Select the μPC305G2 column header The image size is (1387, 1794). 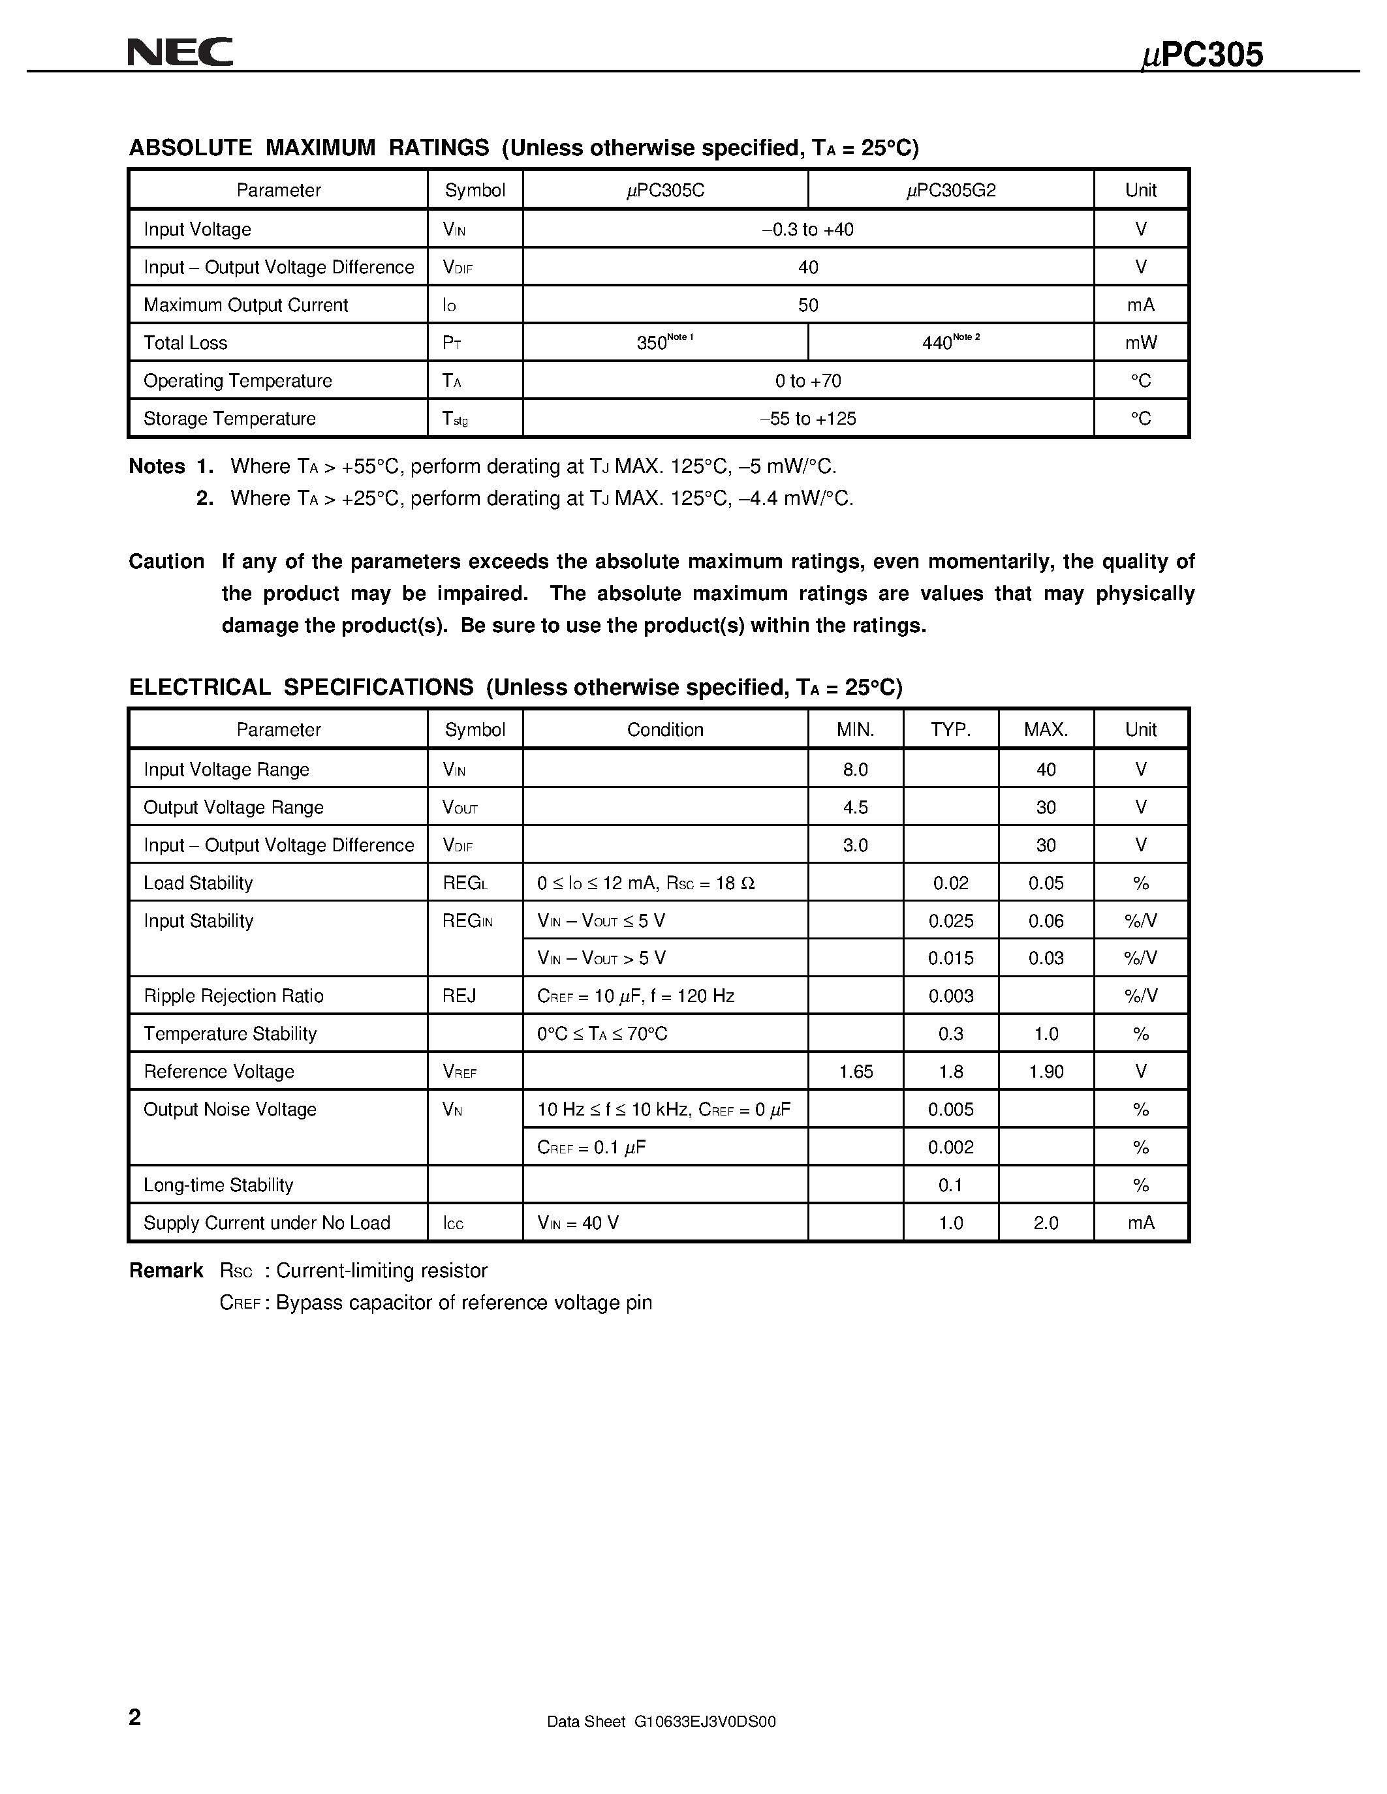[951, 190]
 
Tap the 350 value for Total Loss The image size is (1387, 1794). [653, 343]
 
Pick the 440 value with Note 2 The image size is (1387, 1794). [937, 343]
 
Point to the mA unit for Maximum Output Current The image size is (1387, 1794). [1140, 305]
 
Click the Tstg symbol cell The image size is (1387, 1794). [454, 419]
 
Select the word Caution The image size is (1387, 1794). [166, 562]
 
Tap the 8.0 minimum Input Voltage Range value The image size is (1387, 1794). [856, 770]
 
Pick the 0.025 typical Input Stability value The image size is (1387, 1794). [951, 921]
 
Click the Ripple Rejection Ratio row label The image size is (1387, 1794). [234, 996]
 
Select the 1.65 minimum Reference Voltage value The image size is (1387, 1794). [856, 1072]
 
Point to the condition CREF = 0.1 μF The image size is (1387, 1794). [591, 1148]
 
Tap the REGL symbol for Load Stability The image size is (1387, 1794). [465, 883]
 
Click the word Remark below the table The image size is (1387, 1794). [166, 1271]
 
